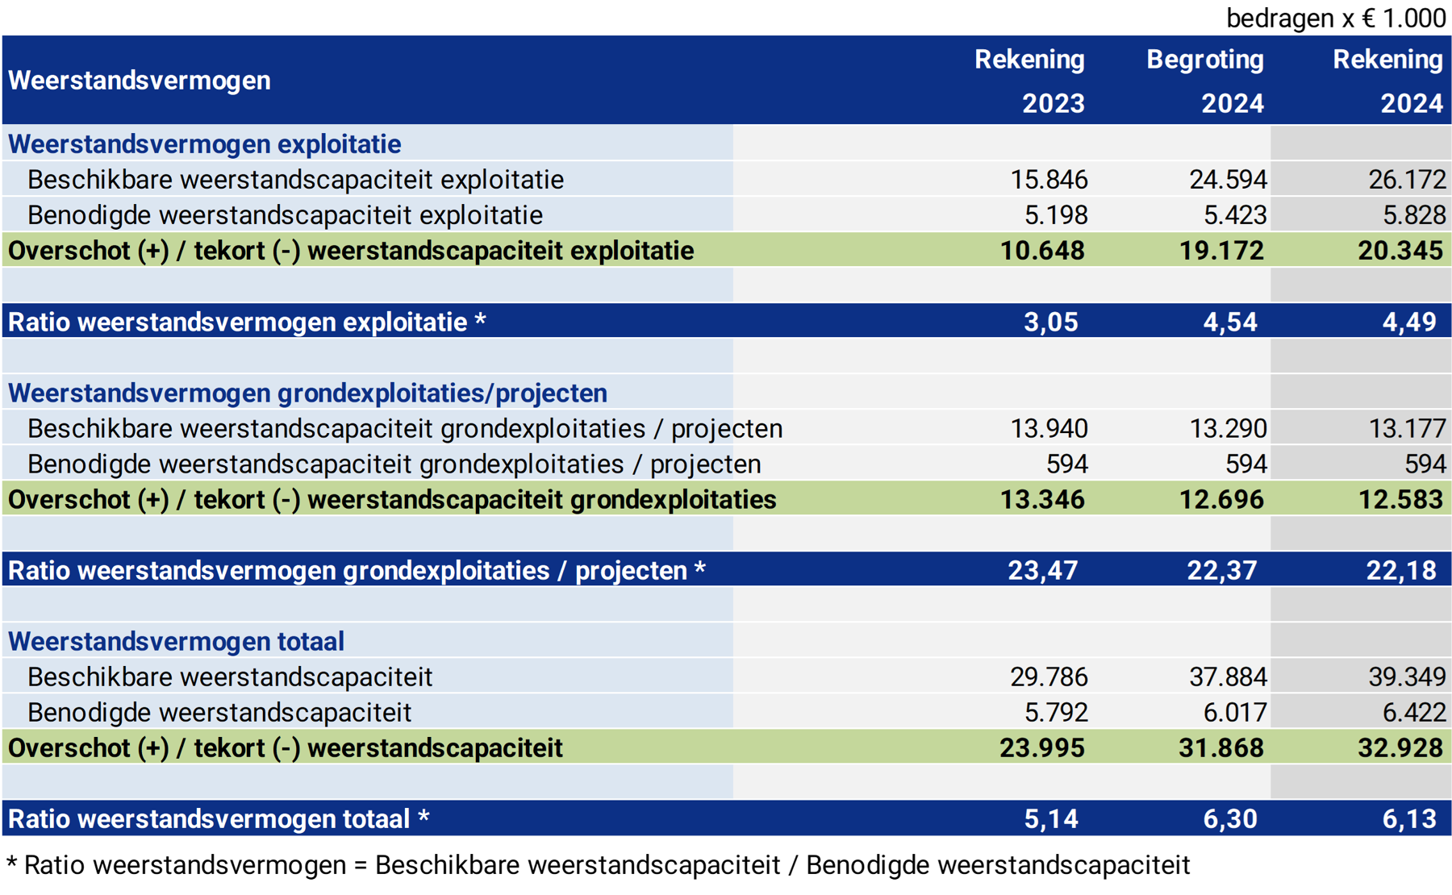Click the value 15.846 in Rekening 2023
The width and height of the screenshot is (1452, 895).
(1049, 179)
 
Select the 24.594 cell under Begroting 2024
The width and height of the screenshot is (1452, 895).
(1228, 179)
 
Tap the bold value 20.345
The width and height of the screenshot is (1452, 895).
(1400, 251)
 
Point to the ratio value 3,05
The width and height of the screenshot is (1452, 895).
(1050, 322)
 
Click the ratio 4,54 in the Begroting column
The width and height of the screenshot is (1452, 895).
(1229, 322)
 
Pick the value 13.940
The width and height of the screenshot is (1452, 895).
(1049, 428)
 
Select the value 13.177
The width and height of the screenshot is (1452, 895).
(1407, 428)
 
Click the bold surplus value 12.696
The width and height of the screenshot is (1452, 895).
(1221, 500)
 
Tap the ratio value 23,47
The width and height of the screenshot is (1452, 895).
(1042, 571)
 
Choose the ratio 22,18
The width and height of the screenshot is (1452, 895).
(1400, 571)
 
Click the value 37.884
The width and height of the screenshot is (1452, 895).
(1228, 676)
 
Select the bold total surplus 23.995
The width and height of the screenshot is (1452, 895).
(1042, 748)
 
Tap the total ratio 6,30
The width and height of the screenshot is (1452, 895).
(1229, 819)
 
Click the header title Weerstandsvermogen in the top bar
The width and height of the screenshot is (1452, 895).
(140, 81)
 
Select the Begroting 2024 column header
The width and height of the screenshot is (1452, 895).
(1205, 81)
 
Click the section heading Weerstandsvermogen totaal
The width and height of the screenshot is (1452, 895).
(176, 642)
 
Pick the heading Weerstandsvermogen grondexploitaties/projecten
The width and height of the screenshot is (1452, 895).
(307, 393)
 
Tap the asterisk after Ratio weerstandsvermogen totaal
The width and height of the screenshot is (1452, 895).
(423, 817)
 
